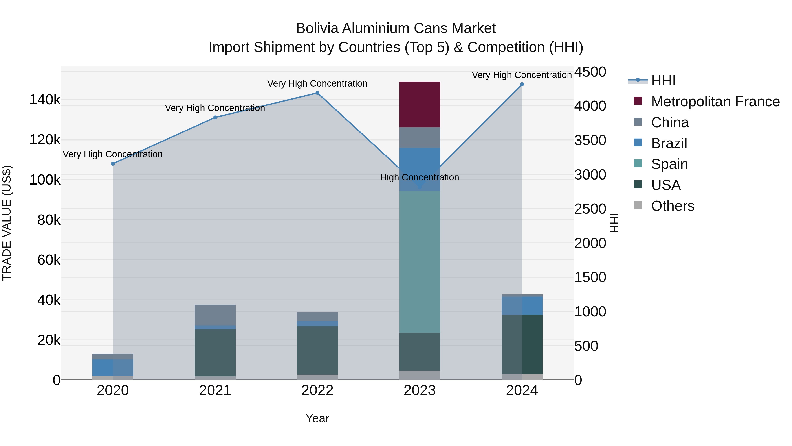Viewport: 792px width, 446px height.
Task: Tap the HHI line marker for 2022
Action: click(317, 93)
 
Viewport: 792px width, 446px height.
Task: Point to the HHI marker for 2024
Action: click(522, 84)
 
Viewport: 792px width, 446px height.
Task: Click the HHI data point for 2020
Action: click(113, 164)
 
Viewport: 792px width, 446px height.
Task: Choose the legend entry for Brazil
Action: click(669, 143)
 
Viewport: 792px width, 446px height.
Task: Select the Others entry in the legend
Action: click(672, 206)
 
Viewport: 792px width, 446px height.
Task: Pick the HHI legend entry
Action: click(663, 81)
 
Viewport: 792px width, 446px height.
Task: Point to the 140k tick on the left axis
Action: click(45, 100)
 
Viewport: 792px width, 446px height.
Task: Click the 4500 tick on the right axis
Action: click(590, 72)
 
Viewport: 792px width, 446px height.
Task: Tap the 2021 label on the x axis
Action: click(215, 390)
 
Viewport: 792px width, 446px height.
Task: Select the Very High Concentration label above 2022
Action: click(317, 83)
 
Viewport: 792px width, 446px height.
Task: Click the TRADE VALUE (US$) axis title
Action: click(7, 223)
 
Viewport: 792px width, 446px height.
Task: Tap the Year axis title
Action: click(317, 418)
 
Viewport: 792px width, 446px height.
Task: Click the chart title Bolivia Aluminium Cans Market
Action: click(396, 28)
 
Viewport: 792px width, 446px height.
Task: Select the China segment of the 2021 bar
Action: click(215, 315)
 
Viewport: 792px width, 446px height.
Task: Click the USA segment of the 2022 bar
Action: click(317, 350)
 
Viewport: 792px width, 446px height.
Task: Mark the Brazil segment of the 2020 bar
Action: click(113, 368)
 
